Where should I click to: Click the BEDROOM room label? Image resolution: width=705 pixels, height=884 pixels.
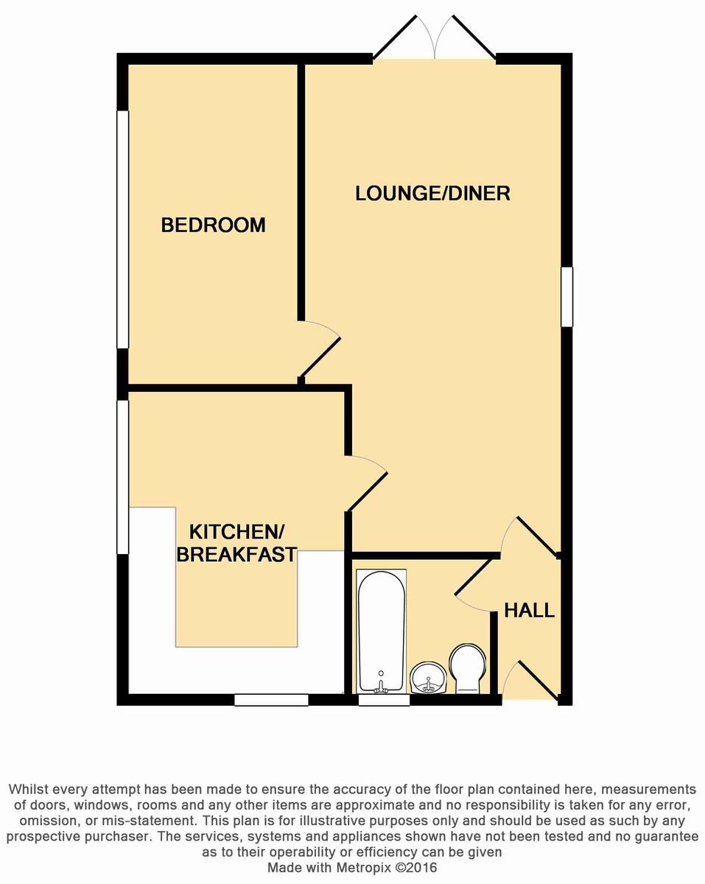213,225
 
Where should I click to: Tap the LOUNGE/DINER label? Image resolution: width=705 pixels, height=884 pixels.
432,193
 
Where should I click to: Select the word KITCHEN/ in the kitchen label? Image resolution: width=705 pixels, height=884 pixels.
236,531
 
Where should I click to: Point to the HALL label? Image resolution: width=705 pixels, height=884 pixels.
529,610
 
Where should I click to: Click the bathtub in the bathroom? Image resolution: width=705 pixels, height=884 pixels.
381,631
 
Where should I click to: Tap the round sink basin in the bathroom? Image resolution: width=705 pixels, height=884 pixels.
428,676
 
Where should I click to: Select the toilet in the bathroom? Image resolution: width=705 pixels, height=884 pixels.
467,667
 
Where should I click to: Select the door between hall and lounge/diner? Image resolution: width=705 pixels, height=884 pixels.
533,535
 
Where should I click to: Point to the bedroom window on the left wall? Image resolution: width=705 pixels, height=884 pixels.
123,228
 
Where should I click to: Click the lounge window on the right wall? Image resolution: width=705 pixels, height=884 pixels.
567,296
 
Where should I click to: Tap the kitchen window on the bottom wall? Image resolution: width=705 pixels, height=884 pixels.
271,700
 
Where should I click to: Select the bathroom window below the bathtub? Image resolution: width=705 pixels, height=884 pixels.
384,700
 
